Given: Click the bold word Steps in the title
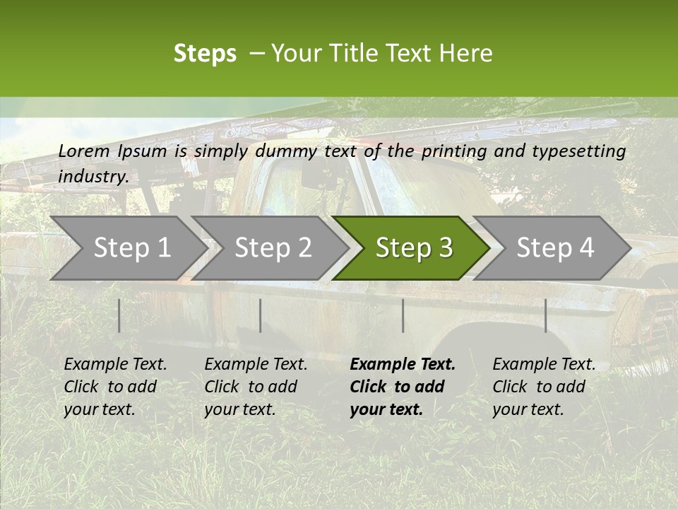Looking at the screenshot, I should (x=205, y=54).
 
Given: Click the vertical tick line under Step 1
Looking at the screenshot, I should (x=119, y=315).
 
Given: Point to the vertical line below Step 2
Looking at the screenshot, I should (x=261, y=315).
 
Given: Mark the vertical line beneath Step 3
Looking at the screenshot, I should (x=403, y=315).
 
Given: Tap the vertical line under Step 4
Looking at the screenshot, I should (x=545, y=315).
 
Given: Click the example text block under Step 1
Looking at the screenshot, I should (x=115, y=387).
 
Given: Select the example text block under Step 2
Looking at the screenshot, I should (x=256, y=387).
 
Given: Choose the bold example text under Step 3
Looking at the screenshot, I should (x=403, y=387).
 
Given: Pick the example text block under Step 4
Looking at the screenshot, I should (x=544, y=387).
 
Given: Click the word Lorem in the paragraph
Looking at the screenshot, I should (x=84, y=151).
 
